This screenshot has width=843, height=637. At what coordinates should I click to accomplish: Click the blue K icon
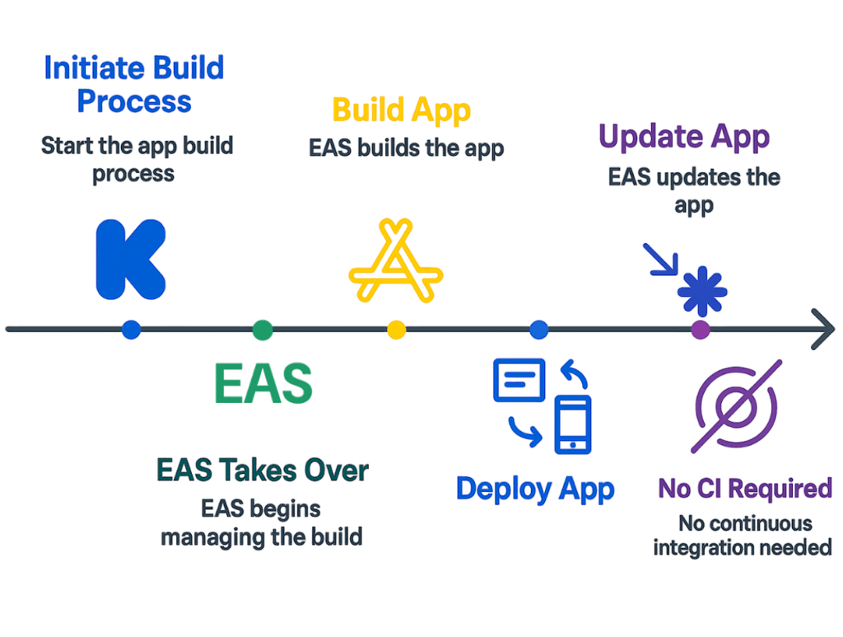129,260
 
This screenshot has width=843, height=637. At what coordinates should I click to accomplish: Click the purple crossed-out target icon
735,405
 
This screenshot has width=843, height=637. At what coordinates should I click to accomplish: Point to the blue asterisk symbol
702,291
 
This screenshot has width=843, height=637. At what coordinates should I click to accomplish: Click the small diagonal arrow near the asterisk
661,259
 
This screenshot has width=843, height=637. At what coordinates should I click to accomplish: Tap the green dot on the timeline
262,330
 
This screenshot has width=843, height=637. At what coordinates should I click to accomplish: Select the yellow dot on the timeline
396,330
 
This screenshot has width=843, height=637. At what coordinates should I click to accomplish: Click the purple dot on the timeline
700,330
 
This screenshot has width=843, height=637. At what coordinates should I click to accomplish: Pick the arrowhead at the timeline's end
822,329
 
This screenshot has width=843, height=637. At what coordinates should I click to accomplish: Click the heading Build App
402,110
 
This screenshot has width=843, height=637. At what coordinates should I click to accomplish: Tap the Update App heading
683,137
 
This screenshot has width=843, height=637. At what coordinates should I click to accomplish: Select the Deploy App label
536,489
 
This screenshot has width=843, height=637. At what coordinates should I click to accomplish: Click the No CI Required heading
745,489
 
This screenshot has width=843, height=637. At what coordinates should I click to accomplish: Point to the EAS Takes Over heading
263,471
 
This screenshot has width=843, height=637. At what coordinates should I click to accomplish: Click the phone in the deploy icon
573,424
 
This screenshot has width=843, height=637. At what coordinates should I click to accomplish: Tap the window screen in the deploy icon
519,378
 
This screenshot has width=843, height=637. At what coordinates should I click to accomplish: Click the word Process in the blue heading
134,101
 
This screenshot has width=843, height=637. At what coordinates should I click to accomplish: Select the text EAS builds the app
407,148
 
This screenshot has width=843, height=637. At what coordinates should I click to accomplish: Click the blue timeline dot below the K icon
131,330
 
